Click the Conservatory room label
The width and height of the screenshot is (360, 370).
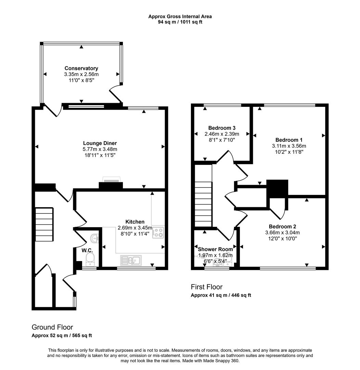point(81,68)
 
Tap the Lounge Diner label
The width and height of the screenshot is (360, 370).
point(100,143)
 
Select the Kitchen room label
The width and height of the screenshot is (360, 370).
point(134,222)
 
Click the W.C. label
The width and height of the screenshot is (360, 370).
point(87,250)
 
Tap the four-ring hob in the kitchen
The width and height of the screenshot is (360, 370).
point(158,233)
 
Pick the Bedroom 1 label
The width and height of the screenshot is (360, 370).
point(289,140)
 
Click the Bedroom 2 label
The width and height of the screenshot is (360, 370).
point(282,226)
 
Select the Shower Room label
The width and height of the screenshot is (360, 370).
point(215,249)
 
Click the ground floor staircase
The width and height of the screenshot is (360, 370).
point(44,224)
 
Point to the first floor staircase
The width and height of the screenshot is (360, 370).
point(203,204)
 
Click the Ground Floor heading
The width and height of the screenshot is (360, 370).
point(52,327)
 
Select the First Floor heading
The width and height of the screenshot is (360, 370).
point(207,287)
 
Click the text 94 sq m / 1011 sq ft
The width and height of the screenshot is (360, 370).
point(180,22)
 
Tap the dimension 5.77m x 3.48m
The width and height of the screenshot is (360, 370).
point(100,149)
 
